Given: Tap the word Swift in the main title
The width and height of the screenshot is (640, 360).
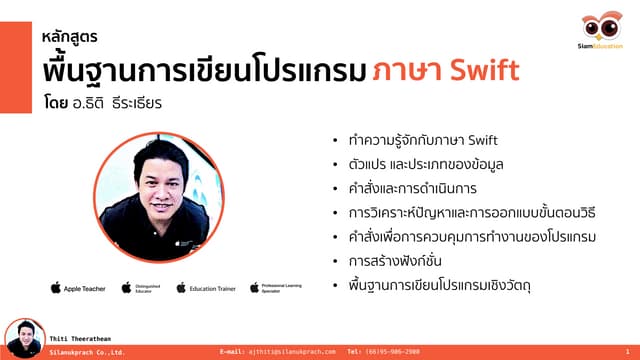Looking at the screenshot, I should click(x=485, y=73).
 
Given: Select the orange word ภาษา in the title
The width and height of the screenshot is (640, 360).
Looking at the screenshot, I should click(x=406, y=73).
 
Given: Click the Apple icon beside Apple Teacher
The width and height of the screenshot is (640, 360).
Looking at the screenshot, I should click(x=56, y=288).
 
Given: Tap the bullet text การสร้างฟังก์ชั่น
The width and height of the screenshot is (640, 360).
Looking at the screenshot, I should click(x=395, y=261).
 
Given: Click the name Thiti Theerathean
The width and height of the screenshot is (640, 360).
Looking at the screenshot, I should click(x=84, y=342).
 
